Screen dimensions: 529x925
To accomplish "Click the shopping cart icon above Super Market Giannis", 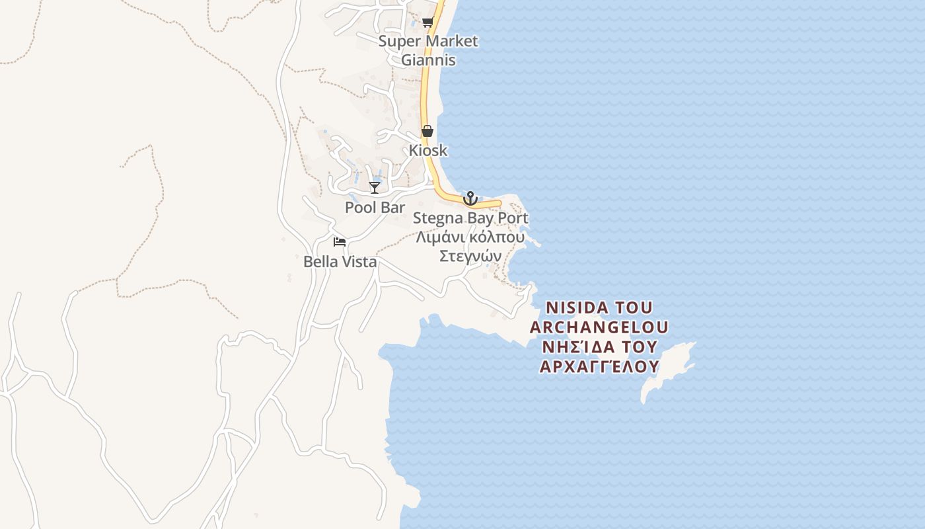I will click(427, 22).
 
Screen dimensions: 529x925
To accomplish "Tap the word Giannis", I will click(428, 60).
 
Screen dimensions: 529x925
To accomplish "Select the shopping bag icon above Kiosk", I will click(427, 131).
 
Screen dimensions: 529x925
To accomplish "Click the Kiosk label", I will click(427, 150).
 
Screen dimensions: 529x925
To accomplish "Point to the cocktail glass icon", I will click(375, 188).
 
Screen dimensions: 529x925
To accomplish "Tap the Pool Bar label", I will click(375, 207).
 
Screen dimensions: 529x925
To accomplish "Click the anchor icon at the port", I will click(470, 198).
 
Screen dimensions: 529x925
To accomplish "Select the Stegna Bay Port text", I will click(470, 218).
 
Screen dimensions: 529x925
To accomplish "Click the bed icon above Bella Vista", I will click(340, 242).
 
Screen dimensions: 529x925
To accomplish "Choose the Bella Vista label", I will click(340, 261).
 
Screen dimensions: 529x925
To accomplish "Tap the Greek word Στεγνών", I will click(470, 256).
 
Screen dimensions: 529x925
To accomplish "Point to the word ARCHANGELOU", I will click(599, 327).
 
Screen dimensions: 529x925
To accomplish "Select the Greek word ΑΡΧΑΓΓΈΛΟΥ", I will click(599, 366).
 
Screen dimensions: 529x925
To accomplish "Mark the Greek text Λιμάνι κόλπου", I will click(470, 237).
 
